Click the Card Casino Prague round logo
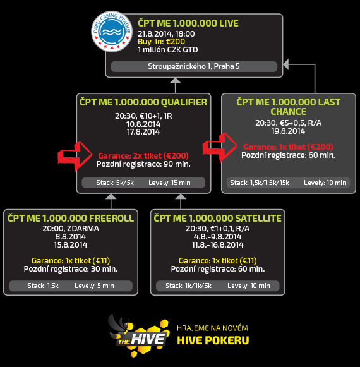(x=112, y=32)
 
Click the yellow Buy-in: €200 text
(x=161, y=42)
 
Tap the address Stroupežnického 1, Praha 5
(x=194, y=66)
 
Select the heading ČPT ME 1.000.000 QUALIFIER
(x=143, y=102)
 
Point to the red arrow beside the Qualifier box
(x=75, y=156)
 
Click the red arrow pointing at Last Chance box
(x=220, y=147)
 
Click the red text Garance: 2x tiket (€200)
(x=143, y=155)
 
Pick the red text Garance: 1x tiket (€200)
(x=288, y=147)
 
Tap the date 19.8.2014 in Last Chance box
(x=288, y=131)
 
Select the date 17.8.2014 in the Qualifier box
(x=143, y=132)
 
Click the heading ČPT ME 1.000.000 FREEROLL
(x=71, y=218)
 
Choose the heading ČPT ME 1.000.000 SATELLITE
(x=218, y=218)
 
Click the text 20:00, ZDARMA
(x=71, y=229)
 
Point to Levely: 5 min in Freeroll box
(x=94, y=286)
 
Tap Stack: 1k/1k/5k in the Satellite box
(x=188, y=286)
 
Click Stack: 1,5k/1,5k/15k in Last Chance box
(x=260, y=183)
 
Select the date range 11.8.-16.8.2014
(x=218, y=245)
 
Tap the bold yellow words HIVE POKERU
(x=213, y=340)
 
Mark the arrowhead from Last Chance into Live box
(x=286, y=64)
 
